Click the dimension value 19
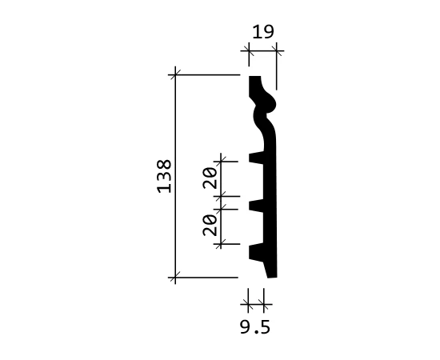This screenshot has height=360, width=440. [263, 32]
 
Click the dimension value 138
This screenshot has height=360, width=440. [165, 176]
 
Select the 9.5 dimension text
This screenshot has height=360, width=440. [255, 327]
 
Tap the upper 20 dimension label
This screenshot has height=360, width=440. [210, 178]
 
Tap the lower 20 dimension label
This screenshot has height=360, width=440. [210, 225]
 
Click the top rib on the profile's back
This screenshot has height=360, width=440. [256, 158]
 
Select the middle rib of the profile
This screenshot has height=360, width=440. [256, 206]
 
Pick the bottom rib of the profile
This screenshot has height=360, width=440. [256, 252]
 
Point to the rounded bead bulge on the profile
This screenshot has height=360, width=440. [269, 103]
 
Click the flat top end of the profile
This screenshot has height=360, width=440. [254, 76]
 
